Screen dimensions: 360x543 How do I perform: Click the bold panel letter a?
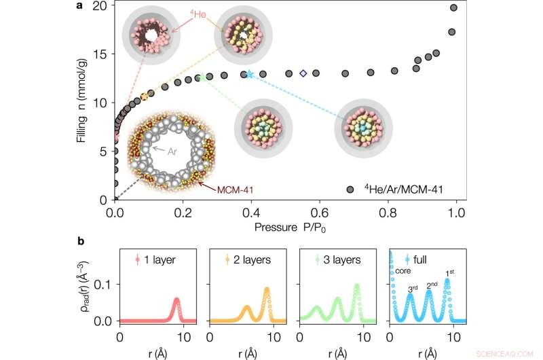tap(98, 6)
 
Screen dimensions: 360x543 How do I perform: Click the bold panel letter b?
tap(99, 240)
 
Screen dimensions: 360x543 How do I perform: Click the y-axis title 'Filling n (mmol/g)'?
tap(83, 102)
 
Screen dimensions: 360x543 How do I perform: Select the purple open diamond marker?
tap(303, 73)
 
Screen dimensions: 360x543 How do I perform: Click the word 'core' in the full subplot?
tap(405, 270)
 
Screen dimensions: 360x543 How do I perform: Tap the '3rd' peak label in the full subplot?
tap(413, 289)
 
